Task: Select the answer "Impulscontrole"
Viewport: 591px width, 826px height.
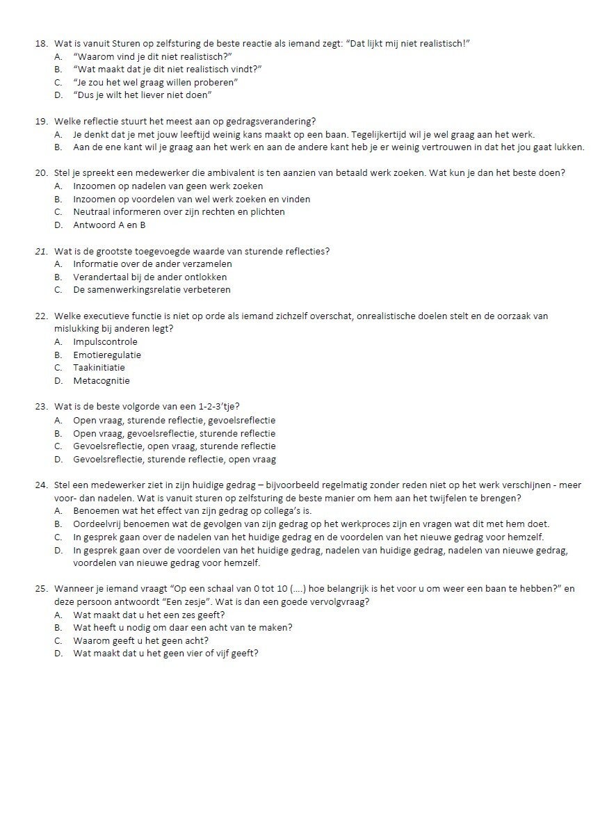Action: [x=105, y=341]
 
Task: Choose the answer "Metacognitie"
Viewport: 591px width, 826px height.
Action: [x=102, y=380]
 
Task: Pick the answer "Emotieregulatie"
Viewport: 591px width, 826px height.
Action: [x=107, y=355]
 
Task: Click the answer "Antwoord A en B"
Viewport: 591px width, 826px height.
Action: [x=109, y=225]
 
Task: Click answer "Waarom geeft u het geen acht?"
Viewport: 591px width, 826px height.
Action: [x=140, y=640]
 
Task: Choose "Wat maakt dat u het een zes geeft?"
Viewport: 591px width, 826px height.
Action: [x=149, y=615]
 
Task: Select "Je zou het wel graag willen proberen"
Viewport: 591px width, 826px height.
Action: [x=156, y=82]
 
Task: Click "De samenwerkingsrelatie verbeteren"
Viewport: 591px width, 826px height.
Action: [x=152, y=289]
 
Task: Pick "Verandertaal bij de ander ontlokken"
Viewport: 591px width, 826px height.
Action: [x=149, y=277]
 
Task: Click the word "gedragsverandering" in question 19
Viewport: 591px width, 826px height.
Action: [x=270, y=121]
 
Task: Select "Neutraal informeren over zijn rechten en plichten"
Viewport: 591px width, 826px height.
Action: [x=179, y=211]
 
